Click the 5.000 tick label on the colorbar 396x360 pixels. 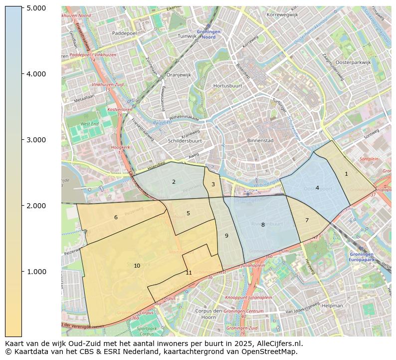click(x=36, y=8)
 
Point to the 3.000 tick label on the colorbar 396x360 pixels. click(x=36, y=140)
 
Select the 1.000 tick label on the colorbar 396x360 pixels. click(x=36, y=272)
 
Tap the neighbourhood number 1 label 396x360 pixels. click(x=346, y=174)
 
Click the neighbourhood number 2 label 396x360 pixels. click(x=174, y=182)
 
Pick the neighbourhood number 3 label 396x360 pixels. click(x=213, y=184)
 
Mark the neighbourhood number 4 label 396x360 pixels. click(x=317, y=188)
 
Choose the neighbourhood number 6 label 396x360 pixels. click(x=116, y=217)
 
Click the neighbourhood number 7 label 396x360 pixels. click(x=307, y=220)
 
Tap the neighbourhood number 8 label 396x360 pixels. click(x=263, y=225)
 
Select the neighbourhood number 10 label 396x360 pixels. click(x=137, y=266)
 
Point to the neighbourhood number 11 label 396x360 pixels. click(x=189, y=273)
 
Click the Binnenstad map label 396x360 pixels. click(x=260, y=141)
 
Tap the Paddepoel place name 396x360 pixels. click(x=125, y=33)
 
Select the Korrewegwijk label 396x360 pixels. click(x=282, y=15)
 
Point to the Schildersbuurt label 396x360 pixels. click(x=185, y=141)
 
